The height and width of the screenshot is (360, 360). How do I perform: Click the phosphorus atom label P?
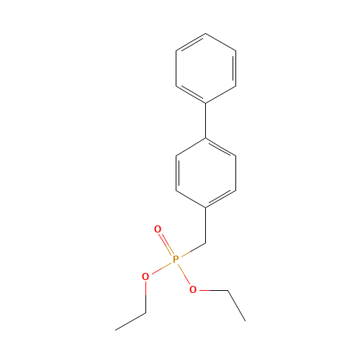coord(176,259)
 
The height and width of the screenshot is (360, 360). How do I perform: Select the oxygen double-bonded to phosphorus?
coord(158,229)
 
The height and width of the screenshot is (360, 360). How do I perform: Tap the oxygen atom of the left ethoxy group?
coord(145,276)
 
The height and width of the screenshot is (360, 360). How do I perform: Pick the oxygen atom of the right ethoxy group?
coord(193,289)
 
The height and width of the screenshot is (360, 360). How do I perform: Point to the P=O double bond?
coord(166,244)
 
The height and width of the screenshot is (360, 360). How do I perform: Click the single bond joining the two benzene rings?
coord(206,121)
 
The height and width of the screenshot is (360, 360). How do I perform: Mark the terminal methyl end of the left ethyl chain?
coord(115,330)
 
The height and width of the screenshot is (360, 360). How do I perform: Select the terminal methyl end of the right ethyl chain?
coord(246,320)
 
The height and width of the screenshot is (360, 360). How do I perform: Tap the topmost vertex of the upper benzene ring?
coord(206,34)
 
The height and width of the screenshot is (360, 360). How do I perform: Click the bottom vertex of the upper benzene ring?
coord(206,104)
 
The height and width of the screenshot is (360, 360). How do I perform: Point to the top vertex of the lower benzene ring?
coord(206,138)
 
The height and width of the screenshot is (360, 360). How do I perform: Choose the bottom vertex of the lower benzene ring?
coord(206,207)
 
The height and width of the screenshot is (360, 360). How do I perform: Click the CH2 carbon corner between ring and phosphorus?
coord(206,243)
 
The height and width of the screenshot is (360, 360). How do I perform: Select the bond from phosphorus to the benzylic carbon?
coord(193,250)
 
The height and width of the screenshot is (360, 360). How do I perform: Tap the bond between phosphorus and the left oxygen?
coord(161,268)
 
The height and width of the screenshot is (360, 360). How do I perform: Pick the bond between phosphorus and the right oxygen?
coord(184,274)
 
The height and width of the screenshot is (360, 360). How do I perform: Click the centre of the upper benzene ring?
coord(206,68)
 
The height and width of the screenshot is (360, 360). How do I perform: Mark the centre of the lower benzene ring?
coord(206,173)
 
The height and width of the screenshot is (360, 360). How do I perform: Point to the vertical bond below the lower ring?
coord(206,225)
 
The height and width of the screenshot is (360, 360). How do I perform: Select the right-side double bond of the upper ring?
coord(235,68)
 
